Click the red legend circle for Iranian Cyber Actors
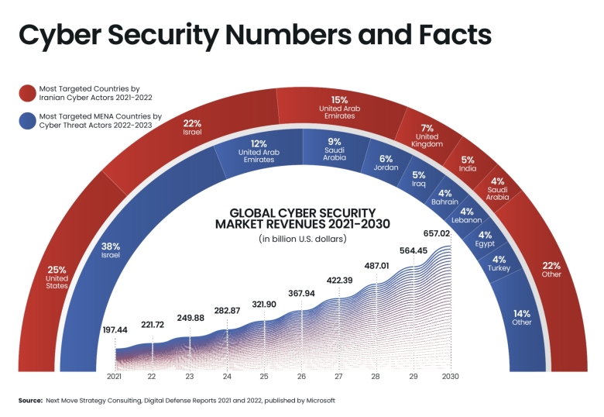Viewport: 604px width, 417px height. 28,94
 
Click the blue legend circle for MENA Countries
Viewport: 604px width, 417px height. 28,121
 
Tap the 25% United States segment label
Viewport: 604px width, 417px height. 57,276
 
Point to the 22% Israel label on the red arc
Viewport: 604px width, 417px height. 193,127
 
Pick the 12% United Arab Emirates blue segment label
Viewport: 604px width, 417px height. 259,151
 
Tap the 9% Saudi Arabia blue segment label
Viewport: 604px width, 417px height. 335,148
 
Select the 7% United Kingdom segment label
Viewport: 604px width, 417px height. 427,135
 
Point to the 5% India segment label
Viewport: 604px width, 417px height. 468,164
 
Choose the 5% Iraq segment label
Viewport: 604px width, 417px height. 419,180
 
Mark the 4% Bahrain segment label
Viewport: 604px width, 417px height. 445,197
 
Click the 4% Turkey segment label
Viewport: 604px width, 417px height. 499,264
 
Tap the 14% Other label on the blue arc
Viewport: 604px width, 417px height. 522,317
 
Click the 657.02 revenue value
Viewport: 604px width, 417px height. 436,233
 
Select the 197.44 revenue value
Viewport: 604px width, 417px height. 115,329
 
